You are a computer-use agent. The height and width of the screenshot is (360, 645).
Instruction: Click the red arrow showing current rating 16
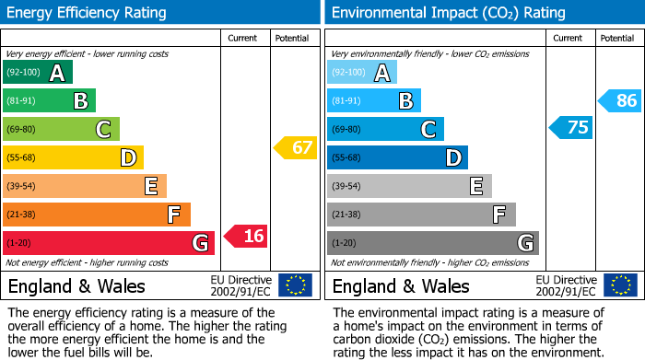pyautogui.click(x=246, y=236)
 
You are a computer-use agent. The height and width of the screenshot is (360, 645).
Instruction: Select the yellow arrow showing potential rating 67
pyautogui.click(x=296, y=147)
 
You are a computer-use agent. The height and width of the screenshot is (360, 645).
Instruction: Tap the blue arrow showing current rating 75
pyautogui.click(x=570, y=127)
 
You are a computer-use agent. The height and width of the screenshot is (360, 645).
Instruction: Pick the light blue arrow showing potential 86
pyautogui.click(x=619, y=100)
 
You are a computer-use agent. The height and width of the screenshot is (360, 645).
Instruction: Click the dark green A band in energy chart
pyautogui.click(x=38, y=73)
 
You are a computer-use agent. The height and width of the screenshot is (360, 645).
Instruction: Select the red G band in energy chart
pyautogui.click(x=109, y=243)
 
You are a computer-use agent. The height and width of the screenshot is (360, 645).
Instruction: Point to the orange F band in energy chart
pyautogui.click(x=97, y=215)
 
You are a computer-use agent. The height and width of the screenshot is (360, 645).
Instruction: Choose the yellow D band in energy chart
pyautogui.click(x=73, y=157)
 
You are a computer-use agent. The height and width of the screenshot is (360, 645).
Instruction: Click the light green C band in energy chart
pyautogui.click(x=61, y=130)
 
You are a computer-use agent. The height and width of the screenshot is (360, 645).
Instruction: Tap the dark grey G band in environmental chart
pyautogui.click(x=432, y=243)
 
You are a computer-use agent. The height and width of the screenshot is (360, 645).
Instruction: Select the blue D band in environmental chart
pyautogui.click(x=397, y=157)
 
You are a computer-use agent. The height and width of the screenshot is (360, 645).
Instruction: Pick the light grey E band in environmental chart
pyautogui.click(x=408, y=186)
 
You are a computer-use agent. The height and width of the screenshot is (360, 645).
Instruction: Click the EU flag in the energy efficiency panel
pyautogui.click(x=295, y=285)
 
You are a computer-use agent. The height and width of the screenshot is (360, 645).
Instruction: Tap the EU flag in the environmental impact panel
pyautogui.click(x=619, y=285)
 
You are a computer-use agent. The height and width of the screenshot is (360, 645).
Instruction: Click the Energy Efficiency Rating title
pyautogui.click(x=88, y=13)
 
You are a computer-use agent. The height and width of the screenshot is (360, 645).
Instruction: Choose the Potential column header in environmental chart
pyautogui.click(x=617, y=38)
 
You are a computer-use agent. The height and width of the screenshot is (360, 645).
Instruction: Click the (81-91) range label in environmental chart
pyautogui.click(x=346, y=101)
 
